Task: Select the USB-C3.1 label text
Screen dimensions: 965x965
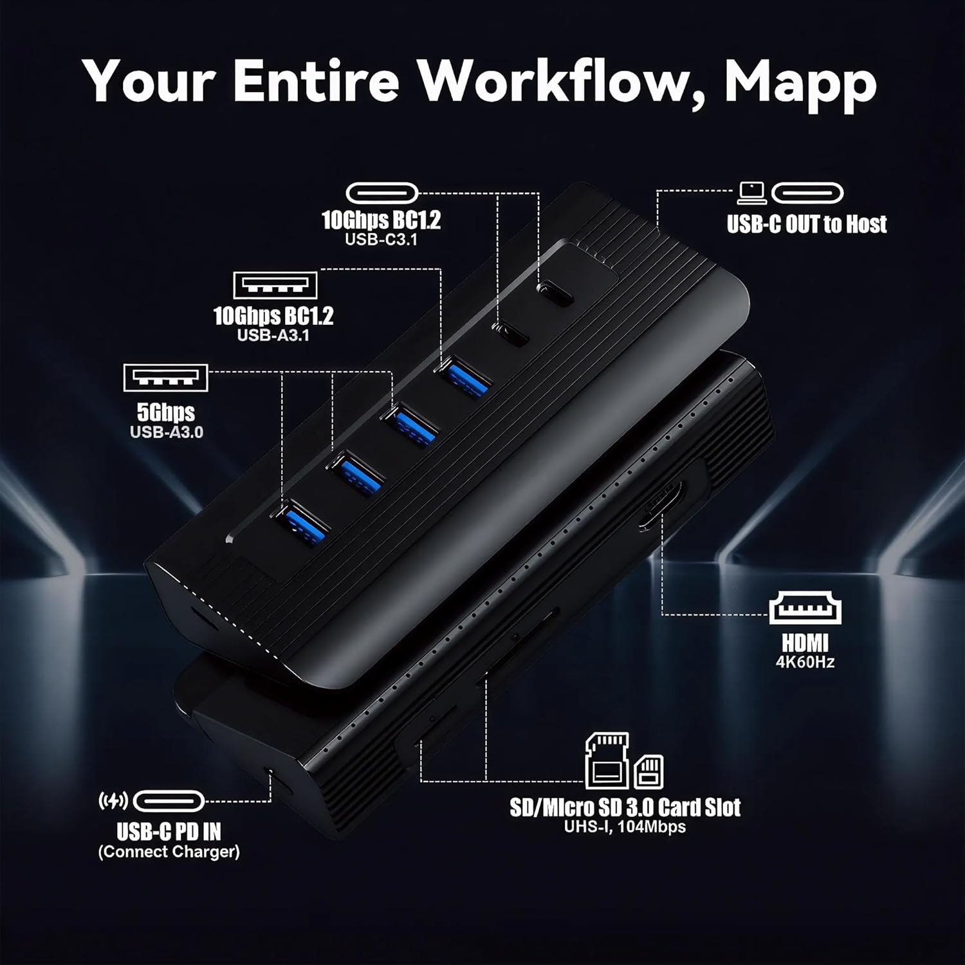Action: coord(381,239)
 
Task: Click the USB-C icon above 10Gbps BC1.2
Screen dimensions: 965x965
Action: coord(382,192)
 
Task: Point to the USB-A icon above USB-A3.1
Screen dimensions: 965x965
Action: coord(275,285)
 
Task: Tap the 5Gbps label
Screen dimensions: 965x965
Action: coord(166,412)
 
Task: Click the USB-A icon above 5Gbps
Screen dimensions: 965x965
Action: coord(166,378)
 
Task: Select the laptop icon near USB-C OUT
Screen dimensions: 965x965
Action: coord(751,192)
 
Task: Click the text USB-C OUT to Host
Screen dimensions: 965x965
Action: coord(807,224)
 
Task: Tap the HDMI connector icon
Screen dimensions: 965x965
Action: coord(805,609)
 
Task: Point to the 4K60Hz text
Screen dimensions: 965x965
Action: coord(805,662)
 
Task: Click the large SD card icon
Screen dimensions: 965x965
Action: coord(607,760)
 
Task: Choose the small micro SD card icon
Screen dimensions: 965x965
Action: coord(648,771)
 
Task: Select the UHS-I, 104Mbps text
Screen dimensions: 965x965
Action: coord(625,827)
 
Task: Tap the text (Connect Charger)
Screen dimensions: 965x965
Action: coord(169,852)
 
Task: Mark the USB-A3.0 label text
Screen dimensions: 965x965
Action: coord(167,432)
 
